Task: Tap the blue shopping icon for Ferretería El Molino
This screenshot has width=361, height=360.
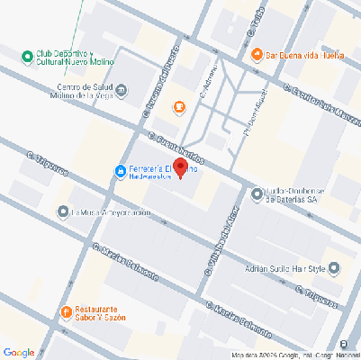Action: (120, 172)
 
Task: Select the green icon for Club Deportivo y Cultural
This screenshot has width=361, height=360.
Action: (28, 57)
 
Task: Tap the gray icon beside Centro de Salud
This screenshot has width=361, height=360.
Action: (122, 90)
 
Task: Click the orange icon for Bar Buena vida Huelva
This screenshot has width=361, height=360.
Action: (257, 54)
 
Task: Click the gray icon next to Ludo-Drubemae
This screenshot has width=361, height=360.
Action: (257, 193)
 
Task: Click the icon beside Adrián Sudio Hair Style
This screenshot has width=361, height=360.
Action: (335, 268)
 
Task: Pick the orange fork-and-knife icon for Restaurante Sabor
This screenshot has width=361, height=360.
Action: (66, 312)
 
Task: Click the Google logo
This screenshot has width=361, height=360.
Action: (19, 352)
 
